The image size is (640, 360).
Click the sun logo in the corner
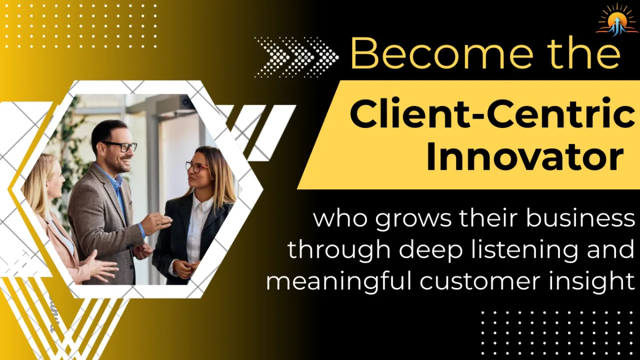616,20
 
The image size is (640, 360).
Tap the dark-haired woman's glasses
196,167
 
